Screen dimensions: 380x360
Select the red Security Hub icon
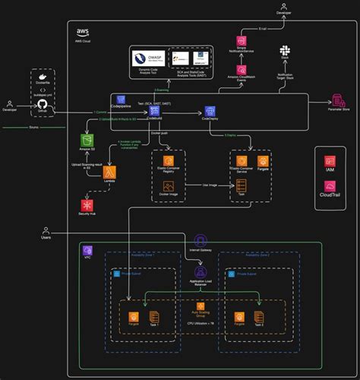[87, 205]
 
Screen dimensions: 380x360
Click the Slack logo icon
[285, 50]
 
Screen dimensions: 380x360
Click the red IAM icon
[330, 161]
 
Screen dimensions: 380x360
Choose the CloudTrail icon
[330, 184]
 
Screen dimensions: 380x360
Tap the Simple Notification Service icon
[242, 41]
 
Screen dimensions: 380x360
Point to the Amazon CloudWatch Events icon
[242, 67]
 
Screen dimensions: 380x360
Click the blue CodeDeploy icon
[210, 111]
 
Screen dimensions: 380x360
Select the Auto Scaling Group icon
[201, 306]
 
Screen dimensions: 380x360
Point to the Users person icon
[46, 231]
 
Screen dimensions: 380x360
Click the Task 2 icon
[260, 316]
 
